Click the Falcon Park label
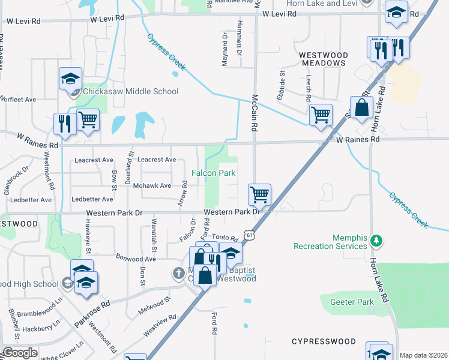[x=213, y=173]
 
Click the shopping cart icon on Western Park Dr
[x=259, y=194]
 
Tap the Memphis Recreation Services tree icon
[x=376, y=241]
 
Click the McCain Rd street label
[x=255, y=114]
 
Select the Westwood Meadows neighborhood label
[x=323, y=58]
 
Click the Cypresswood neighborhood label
[x=324, y=341]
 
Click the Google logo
[x=20, y=353]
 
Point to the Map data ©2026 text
[x=423, y=355]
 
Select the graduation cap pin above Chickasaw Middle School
[x=70, y=79]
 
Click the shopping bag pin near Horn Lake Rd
[x=362, y=108]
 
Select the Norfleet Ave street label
[x=19, y=99]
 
